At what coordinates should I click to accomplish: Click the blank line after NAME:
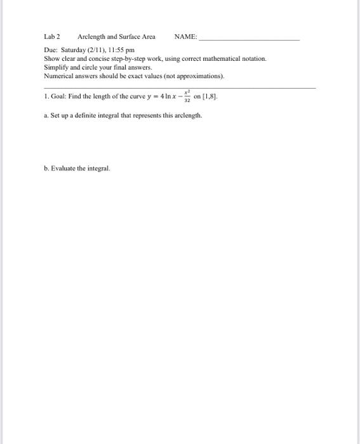point(249,38)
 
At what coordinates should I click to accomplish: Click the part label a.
point(46,116)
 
